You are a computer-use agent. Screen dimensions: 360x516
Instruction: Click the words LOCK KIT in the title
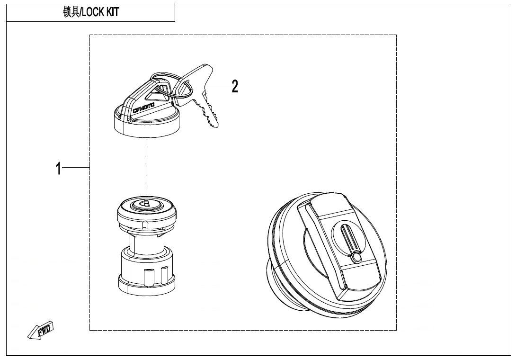point(100,13)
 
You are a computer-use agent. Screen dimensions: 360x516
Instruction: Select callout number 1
point(58,168)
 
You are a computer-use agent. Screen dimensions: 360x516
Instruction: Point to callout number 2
point(234,86)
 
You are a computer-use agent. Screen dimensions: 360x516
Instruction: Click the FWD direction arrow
point(42,330)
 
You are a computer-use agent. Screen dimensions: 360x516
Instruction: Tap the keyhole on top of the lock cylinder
point(146,204)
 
